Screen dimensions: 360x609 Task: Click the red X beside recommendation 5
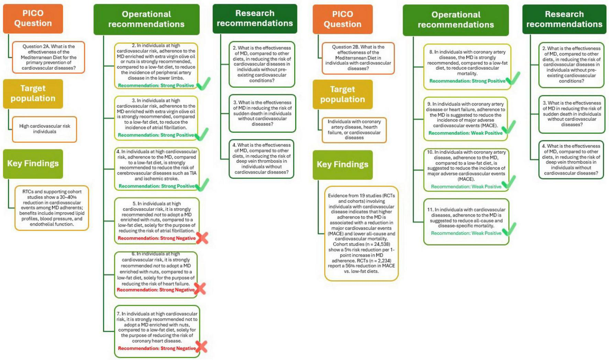tap(202, 238)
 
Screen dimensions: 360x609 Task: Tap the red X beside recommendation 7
tap(201, 347)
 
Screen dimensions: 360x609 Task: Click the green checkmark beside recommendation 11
tap(509, 229)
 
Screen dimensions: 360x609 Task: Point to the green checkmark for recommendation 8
tap(513, 78)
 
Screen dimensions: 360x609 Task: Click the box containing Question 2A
tap(48, 57)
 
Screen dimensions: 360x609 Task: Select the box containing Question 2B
tap(358, 58)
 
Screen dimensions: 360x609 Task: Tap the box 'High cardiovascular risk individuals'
tap(45, 129)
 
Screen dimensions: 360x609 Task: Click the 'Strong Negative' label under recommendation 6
tap(156, 290)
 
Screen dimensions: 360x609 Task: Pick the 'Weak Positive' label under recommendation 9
tap(465, 133)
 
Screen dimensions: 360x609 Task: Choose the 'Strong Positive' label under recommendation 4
tap(157, 186)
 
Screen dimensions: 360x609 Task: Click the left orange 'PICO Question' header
tap(33, 19)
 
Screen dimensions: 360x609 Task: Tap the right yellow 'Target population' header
tap(342, 94)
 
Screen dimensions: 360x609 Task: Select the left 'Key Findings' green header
tap(33, 163)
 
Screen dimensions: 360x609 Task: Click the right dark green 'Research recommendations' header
tap(564, 19)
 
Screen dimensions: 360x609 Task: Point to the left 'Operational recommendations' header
tap(146, 19)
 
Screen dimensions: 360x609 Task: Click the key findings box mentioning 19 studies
tap(361, 233)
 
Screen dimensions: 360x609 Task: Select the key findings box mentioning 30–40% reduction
tap(52, 208)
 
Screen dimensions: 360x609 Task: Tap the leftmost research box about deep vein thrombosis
tap(262, 159)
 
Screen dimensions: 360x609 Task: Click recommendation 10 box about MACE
tap(466, 170)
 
